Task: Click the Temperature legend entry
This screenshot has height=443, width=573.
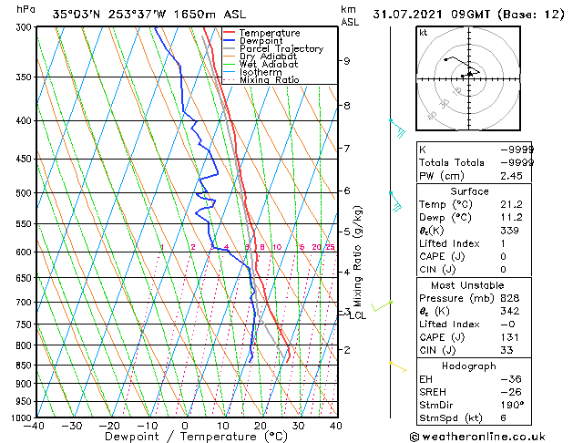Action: coord(270,33)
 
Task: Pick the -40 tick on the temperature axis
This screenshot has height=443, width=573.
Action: coord(35,426)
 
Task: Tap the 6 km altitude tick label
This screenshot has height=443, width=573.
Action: coord(347,191)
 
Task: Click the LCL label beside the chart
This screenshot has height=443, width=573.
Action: coord(358,316)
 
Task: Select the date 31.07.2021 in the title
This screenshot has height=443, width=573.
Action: coord(414,14)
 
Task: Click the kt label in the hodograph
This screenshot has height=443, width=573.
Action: coord(423,32)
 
